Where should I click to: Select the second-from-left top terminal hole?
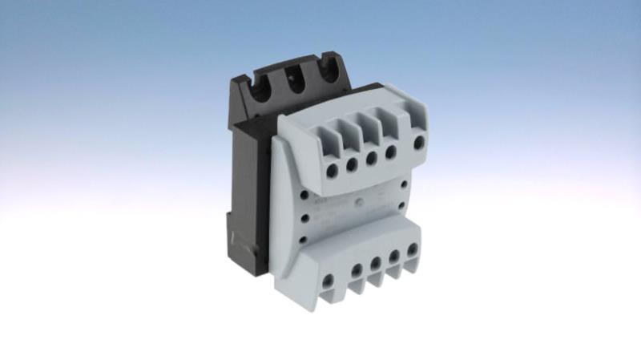[351, 165]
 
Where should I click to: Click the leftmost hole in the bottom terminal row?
[328, 281]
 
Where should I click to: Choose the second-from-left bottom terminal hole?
[356, 271]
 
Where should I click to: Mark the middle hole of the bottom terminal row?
[375, 264]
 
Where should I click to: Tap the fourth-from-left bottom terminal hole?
[394, 257]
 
